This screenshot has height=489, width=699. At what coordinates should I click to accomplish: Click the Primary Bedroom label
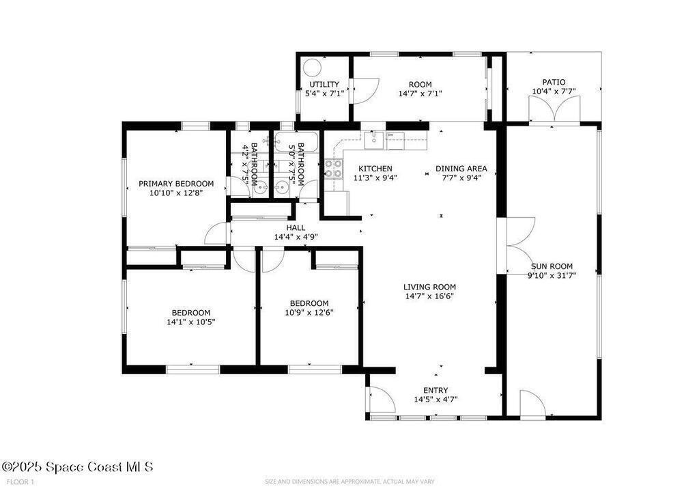(175, 183)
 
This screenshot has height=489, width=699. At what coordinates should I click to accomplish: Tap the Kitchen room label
(375, 169)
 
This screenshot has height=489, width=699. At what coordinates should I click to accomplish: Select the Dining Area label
(461, 169)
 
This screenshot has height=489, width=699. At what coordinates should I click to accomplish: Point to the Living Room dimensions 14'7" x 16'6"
(429, 296)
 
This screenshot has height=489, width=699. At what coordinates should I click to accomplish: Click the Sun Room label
(552, 266)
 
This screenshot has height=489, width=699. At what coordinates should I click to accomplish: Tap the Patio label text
(554, 82)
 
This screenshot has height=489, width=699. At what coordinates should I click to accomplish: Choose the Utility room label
(324, 84)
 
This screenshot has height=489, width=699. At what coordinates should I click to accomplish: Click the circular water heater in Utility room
(311, 68)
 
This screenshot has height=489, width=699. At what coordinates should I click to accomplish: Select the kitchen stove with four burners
(333, 168)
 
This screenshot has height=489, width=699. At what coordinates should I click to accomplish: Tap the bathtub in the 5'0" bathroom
(296, 142)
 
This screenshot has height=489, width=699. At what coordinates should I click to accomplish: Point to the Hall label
(296, 228)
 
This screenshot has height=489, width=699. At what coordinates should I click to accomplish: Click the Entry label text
(436, 391)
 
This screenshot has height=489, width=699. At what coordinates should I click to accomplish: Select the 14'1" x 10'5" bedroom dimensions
(191, 322)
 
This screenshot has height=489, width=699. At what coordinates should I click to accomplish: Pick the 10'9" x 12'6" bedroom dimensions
(309, 312)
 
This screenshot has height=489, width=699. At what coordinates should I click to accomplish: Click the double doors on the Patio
(554, 109)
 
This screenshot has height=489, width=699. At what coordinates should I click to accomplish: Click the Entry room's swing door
(382, 400)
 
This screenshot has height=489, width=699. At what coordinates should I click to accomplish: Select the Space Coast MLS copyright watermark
(78, 466)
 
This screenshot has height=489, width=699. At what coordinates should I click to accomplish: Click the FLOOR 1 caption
(20, 482)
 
